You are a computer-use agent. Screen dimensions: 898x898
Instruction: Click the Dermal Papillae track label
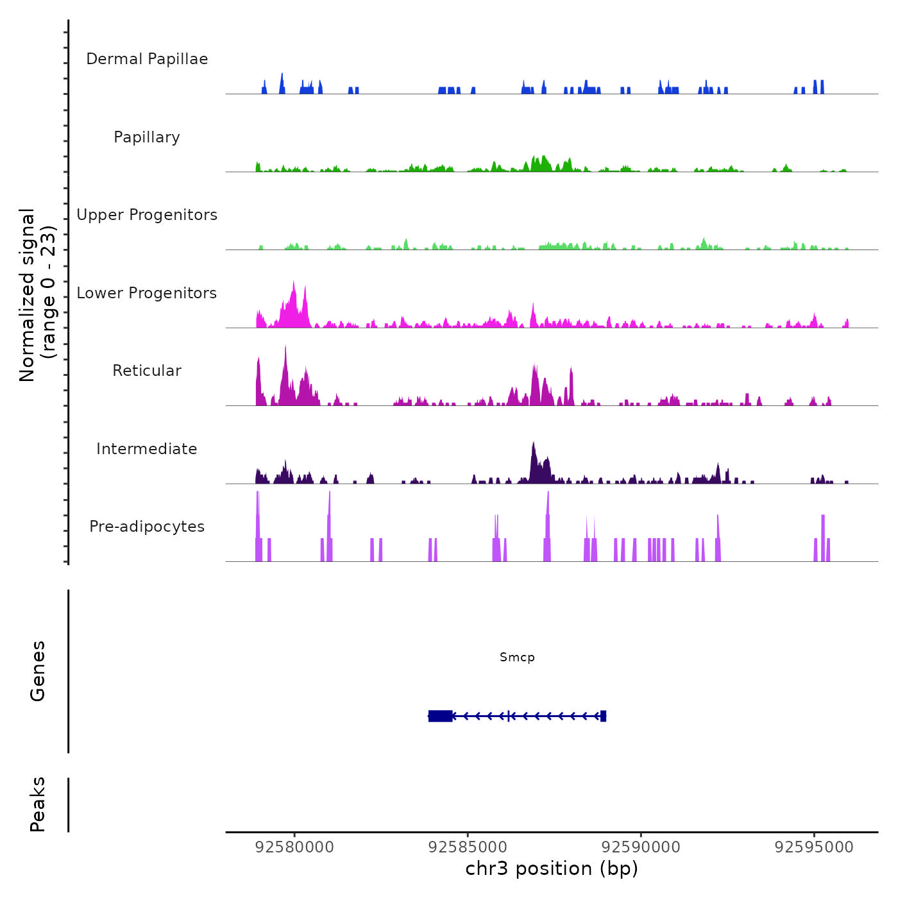coord(147,59)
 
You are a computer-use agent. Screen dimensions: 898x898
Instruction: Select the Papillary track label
coord(147,137)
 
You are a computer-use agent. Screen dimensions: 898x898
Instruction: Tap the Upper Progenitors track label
coord(147,215)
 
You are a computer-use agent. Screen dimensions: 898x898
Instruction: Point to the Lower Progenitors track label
coord(147,293)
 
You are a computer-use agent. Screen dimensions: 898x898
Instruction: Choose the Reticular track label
coord(147,371)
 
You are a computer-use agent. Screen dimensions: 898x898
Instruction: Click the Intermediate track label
coord(147,449)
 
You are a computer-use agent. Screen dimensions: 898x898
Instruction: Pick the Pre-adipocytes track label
coord(147,527)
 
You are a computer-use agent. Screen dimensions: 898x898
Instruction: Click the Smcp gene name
coord(517,657)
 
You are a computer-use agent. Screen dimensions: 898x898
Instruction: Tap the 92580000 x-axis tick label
coord(294,847)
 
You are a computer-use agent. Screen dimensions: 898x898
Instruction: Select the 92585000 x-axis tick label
coord(468,847)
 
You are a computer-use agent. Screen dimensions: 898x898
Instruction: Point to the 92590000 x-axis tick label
coord(641,847)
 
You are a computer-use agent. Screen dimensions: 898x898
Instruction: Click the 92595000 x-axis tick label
coord(814,847)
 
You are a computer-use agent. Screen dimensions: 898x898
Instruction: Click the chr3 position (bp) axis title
coord(552,868)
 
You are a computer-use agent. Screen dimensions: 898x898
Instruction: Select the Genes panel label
coord(38,671)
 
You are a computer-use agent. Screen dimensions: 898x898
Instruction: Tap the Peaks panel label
coord(38,804)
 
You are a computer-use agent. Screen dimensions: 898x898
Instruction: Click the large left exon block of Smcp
coord(441,716)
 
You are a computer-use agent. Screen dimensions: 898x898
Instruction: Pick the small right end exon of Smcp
coord(603,716)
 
